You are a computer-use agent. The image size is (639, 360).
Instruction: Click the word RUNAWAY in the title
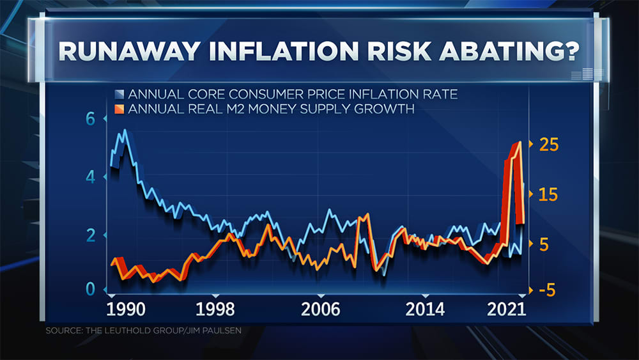click(x=129, y=51)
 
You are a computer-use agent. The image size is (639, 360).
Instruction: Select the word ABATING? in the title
click(x=509, y=51)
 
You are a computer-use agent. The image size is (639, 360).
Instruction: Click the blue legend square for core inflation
click(x=119, y=94)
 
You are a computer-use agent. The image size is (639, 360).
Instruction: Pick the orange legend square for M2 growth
click(x=119, y=109)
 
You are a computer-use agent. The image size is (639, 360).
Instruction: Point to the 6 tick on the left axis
click(x=90, y=119)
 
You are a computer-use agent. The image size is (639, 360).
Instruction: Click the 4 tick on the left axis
click(x=90, y=177)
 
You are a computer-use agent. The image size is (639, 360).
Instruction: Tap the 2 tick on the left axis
click(x=90, y=235)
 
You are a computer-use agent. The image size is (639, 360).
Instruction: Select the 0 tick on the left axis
click(x=90, y=289)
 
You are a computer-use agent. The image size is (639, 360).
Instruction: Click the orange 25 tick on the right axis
click(x=548, y=145)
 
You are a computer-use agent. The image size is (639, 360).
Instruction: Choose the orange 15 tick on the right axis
click(x=548, y=194)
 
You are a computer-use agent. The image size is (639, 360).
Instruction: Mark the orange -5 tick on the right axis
click(x=547, y=290)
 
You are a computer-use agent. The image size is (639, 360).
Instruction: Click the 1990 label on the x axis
click(x=125, y=309)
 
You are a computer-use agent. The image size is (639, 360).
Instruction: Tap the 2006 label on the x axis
click(x=320, y=309)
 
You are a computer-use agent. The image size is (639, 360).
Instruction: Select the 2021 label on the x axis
click(x=507, y=309)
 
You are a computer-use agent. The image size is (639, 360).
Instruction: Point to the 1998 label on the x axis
click(x=215, y=309)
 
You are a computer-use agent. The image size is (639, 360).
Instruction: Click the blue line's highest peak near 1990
click(x=125, y=130)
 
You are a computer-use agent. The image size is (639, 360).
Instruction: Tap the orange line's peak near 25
click(x=519, y=143)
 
